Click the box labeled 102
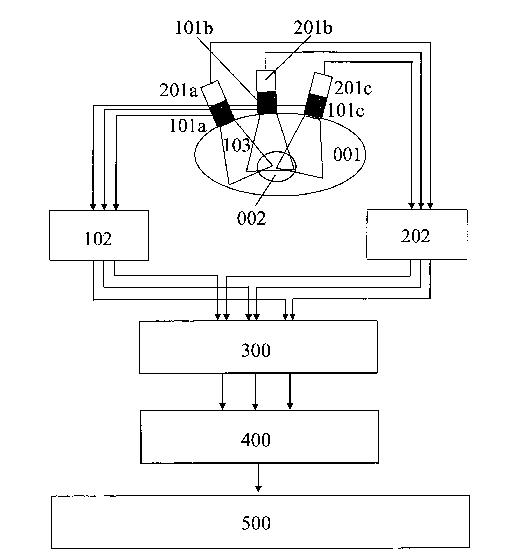[99, 235]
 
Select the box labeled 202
[417, 234]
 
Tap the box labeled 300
[258, 347]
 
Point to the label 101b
[194, 28]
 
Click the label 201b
[313, 28]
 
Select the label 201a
[178, 91]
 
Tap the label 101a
[188, 126]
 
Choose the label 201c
[353, 88]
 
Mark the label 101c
[345, 111]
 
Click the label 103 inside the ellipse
[237, 145]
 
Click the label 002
[251, 218]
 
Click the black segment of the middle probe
[267, 103]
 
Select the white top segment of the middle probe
[266, 81]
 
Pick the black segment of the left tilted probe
[222, 113]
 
